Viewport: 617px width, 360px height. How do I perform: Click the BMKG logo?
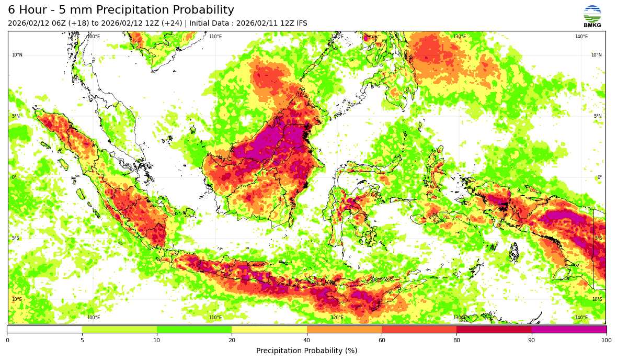(592, 16)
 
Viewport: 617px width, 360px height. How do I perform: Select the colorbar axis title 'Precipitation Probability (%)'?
(306, 351)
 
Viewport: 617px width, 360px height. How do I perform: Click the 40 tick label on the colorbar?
(307, 340)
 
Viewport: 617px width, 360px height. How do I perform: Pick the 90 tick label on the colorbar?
(532, 340)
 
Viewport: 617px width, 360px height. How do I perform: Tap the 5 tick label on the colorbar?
(82, 340)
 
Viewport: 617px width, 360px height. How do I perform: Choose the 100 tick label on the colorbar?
(606, 340)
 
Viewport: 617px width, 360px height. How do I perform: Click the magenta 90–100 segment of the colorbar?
(569, 329)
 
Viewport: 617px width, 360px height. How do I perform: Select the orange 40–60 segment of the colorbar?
(344, 329)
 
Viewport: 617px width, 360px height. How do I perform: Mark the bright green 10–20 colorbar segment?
(194, 329)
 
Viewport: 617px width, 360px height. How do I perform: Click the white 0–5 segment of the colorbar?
(44, 329)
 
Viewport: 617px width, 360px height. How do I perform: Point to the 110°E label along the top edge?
(215, 37)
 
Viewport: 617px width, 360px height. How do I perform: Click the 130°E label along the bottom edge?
(459, 318)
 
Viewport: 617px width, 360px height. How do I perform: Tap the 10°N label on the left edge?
(17, 55)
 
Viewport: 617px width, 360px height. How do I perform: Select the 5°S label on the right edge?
(598, 238)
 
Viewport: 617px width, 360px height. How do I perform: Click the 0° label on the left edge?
(14, 177)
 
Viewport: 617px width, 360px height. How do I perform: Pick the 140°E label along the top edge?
(581, 37)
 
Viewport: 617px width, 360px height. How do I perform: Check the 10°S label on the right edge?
(597, 299)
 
